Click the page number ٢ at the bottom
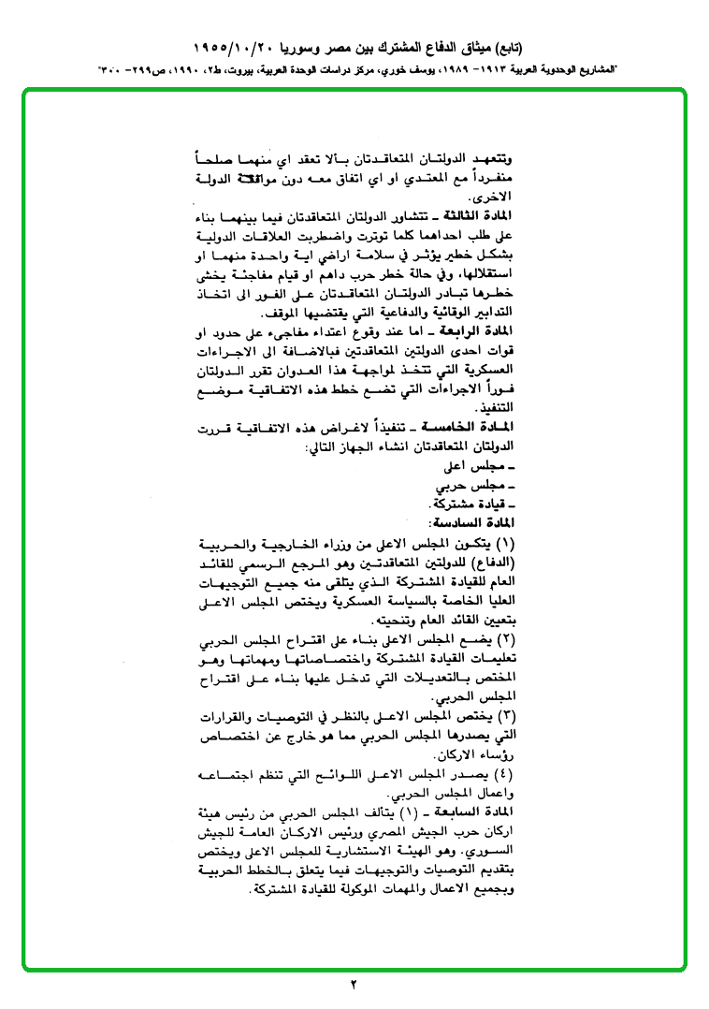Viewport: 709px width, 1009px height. pos(354,984)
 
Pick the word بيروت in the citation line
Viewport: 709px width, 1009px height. pos(209,70)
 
